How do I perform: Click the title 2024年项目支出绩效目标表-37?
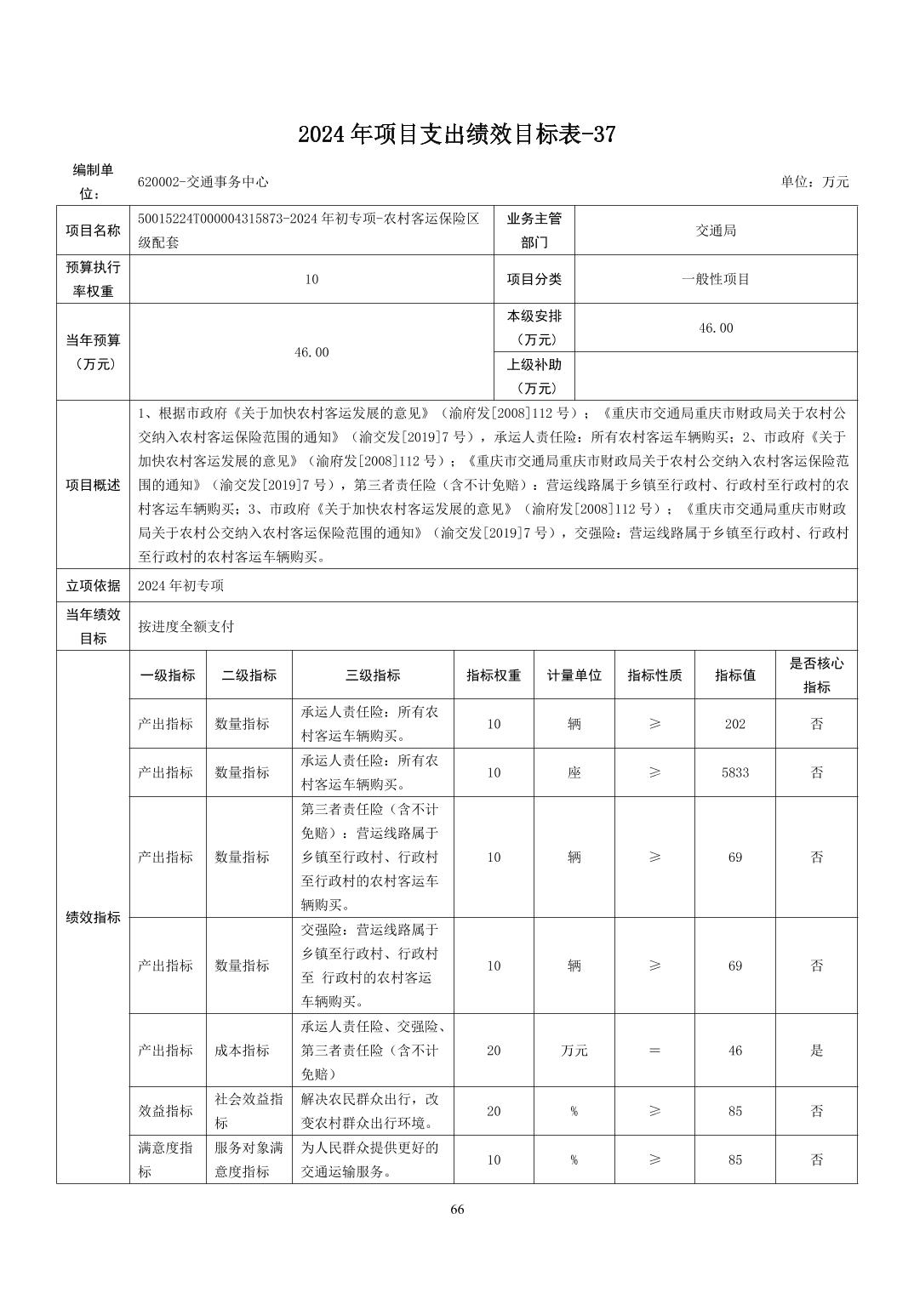456,134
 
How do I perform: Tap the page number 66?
457,1210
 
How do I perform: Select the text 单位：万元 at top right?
814,182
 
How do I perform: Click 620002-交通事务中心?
203,182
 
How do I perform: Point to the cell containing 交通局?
715,231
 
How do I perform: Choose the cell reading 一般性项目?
715,279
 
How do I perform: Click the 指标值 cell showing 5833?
734,772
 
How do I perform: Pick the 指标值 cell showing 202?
734,724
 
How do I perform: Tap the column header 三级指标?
373,675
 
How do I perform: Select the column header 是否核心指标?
816,675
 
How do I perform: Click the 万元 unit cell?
574,1051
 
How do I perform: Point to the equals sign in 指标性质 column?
654,1051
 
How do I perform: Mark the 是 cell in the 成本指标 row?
816,1051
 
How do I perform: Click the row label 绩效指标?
93,918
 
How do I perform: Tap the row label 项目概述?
93,485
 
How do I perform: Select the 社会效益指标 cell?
248,1111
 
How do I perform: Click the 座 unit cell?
574,772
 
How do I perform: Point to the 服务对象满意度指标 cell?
248,1159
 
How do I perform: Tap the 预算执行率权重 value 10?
311,279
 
